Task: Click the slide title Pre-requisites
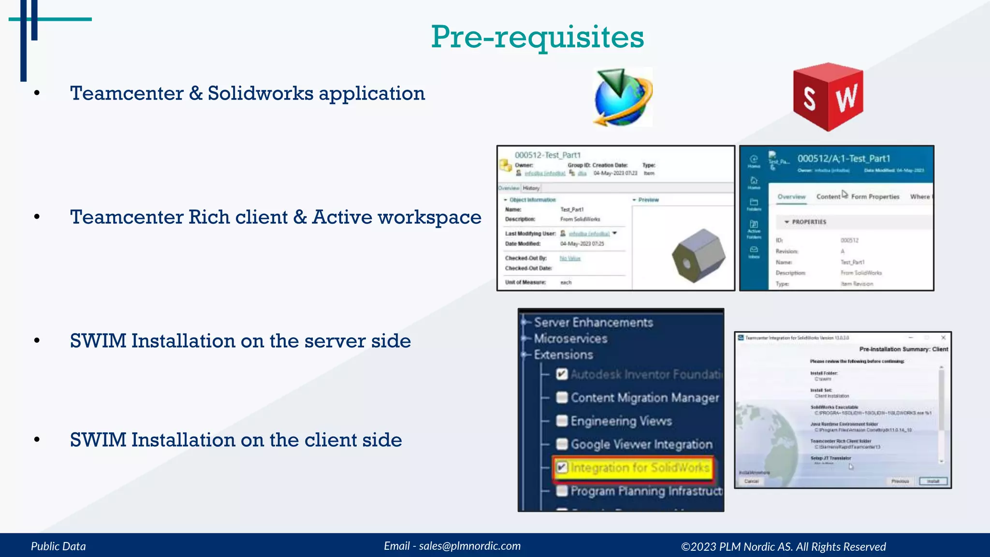point(537,37)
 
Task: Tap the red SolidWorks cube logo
point(828,97)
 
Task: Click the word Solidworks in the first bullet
point(261,93)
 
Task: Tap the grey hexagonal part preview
point(699,256)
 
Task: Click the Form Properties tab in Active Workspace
point(875,197)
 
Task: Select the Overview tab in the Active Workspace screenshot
point(791,197)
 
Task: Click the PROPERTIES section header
point(809,222)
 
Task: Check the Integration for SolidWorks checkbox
point(562,468)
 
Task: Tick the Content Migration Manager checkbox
point(562,397)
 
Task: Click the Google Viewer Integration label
point(641,444)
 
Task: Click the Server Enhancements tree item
point(593,322)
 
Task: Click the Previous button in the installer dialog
point(900,481)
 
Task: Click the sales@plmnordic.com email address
point(469,546)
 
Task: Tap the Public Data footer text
point(58,546)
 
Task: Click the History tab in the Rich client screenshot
point(531,188)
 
